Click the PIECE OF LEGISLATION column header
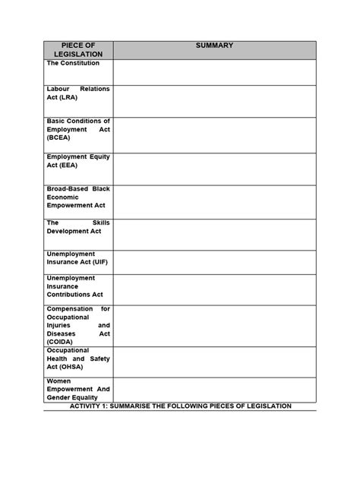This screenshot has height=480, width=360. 78,50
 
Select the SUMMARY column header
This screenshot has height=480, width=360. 214,46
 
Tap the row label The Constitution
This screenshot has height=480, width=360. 74,63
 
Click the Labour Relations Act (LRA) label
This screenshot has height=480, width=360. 78,93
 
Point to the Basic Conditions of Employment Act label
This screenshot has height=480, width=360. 78,130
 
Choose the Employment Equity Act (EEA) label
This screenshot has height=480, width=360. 78,160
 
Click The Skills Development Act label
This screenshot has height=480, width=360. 78,226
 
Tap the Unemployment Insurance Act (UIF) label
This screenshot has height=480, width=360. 78,258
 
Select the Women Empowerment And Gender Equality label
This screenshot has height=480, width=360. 78,389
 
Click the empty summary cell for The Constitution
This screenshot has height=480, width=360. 214,73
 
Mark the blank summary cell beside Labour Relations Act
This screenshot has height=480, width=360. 214,101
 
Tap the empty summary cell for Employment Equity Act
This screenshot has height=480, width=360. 214,169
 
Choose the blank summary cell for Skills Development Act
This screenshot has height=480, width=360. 214,235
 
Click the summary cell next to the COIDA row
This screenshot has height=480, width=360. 214,326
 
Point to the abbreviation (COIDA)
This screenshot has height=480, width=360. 62,342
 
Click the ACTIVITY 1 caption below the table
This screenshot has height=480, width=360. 181,406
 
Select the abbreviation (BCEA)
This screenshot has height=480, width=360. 60,139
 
